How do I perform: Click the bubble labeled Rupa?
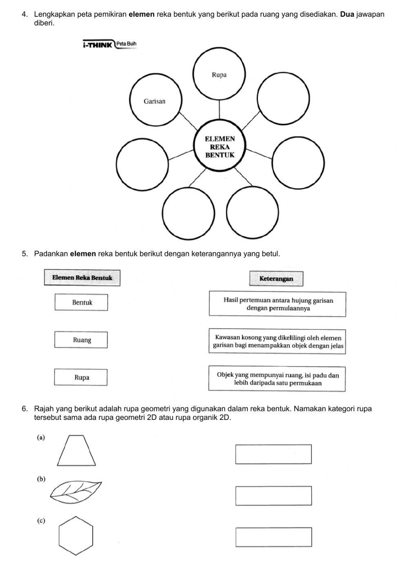[x=219, y=75]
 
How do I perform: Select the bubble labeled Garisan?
[x=155, y=101]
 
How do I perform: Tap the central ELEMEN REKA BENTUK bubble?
[x=220, y=147]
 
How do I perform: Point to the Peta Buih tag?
[x=126, y=44]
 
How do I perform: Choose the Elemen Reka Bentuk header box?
[x=82, y=278]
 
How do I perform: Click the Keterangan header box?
[x=276, y=279]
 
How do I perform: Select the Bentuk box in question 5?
[x=82, y=302]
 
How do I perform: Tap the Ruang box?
[x=82, y=340]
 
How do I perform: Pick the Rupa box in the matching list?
[x=82, y=377]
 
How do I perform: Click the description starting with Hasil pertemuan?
[x=277, y=304]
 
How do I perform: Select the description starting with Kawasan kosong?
[x=277, y=342]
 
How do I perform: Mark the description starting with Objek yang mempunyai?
[x=277, y=379]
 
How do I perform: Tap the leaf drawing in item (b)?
[x=76, y=490]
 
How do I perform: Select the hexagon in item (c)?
[x=76, y=536]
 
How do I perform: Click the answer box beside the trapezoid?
[x=273, y=454]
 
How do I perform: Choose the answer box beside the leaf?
[x=273, y=496]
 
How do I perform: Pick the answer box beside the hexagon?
[x=273, y=537]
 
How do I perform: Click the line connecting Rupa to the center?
[x=220, y=109]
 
